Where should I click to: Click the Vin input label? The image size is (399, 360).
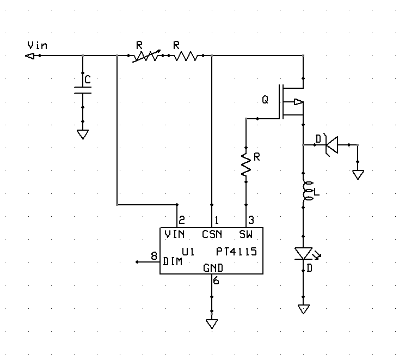tap(37, 45)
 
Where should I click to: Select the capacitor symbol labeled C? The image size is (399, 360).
tap(83, 90)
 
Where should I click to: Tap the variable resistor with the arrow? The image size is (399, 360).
tap(146, 56)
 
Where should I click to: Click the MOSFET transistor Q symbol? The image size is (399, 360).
tap(291, 102)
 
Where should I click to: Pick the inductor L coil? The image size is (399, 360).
tap(306, 191)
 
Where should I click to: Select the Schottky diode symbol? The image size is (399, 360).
tap(332, 145)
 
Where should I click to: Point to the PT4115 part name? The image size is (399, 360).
tap(236, 252)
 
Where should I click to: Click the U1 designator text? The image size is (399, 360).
tap(188, 252)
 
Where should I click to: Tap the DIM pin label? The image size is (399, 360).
tap(173, 261)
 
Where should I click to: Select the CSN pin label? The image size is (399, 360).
tap(212, 234)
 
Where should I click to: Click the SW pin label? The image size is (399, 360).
tap(246, 234)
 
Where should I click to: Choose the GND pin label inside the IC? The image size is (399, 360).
tap(213, 268)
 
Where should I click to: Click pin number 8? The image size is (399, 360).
tap(154, 256)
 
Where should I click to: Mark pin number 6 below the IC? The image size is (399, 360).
tap(216, 280)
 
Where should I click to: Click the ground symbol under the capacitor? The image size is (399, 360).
tap(83, 134)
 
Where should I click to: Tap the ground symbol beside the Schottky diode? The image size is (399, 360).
tap(358, 175)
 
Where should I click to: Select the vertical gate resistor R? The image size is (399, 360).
tap(246, 164)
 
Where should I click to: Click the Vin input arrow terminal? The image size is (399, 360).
tap(29, 56)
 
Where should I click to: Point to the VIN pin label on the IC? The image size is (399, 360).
tap(175, 234)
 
